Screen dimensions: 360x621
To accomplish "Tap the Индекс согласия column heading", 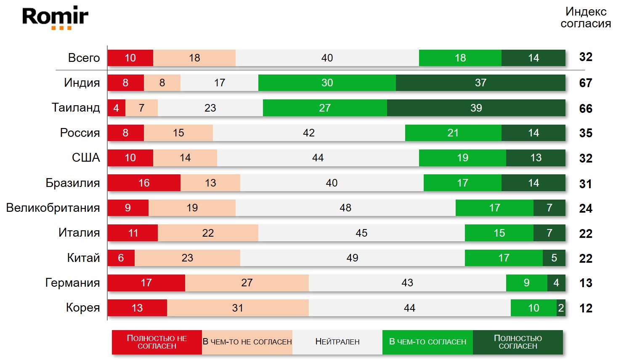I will coord(586,18).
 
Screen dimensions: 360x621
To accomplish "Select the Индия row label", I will coord(82,83).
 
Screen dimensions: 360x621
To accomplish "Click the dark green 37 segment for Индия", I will coord(480,83).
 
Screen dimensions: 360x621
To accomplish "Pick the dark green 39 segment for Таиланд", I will coord(476,108).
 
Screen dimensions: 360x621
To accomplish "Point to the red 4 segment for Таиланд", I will coord(117,108).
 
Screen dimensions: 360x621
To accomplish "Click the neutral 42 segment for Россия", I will coord(309,133).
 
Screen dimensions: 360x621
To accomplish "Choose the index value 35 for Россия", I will coord(586,133).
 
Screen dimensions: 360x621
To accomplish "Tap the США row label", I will coord(86,157).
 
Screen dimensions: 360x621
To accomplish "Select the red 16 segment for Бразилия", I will coord(144,183).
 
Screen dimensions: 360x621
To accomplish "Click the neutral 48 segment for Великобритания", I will coord(345,208).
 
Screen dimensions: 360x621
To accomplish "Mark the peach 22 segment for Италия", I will coord(208,233).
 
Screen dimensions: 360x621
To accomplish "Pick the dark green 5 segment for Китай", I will coord(554,258).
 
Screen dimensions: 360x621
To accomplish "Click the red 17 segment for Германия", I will coord(146,283).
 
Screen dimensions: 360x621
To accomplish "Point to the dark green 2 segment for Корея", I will coord(561,308).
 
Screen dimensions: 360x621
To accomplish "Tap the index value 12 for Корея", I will coord(586,308).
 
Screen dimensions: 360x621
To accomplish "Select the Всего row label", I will coord(84,58).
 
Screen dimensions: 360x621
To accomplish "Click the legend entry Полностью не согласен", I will coord(157,342).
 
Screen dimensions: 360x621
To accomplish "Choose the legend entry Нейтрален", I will coord(337,342).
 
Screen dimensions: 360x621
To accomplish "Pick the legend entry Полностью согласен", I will coord(518,342).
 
